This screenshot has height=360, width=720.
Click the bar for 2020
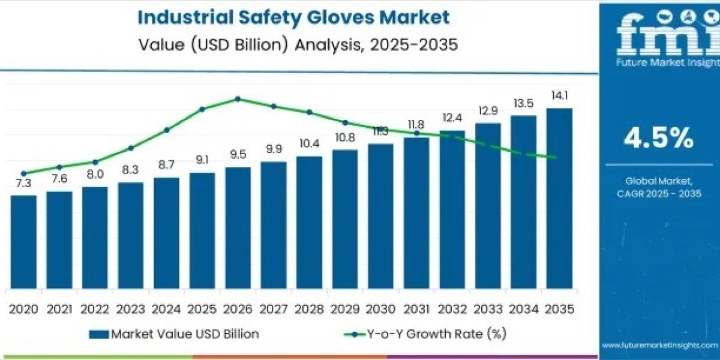pyautogui.click(x=23, y=241)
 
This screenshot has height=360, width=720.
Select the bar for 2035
pyautogui.click(x=559, y=198)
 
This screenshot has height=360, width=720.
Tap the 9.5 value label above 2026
pyautogui.click(x=238, y=154)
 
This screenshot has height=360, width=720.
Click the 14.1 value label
pyautogui.click(x=559, y=95)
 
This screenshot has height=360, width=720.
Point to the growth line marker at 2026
pyautogui.click(x=238, y=98)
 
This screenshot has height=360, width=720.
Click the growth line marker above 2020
pyautogui.click(x=23, y=173)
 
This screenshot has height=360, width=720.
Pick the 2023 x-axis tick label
pyautogui.click(x=130, y=309)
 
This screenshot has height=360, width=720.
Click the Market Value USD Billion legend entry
pyautogui.click(x=174, y=334)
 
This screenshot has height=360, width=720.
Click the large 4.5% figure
pyautogui.click(x=659, y=139)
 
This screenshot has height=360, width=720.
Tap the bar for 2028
pyautogui.click(x=309, y=222)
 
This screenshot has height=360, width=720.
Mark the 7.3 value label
pyautogui.click(x=23, y=183)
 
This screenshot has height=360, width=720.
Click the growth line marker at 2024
pyautogui.click(x=166, y=130)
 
